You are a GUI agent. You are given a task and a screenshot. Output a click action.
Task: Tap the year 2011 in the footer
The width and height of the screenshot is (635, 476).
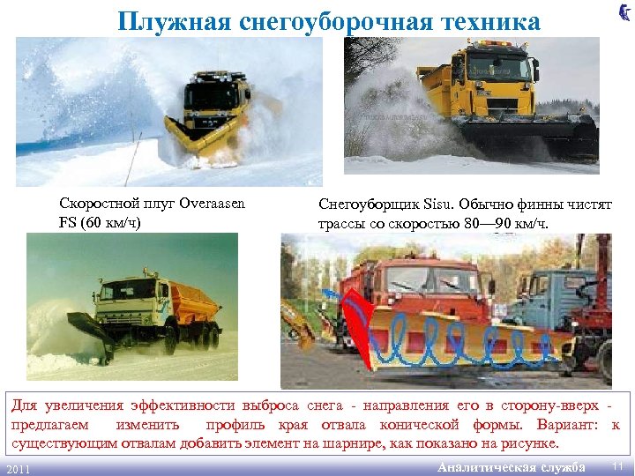(19, 468)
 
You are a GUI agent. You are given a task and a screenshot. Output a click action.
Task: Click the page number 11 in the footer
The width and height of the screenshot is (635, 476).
(616, 465)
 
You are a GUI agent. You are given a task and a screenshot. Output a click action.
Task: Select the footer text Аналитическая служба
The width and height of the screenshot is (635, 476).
(512, 466)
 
